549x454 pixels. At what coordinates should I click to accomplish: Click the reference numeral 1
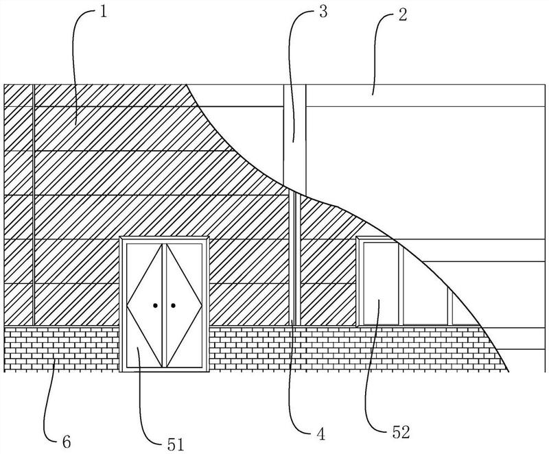click(103, 12)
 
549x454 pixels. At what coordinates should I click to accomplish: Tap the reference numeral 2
click(403, 15)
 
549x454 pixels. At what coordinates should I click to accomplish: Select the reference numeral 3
click(323, 12)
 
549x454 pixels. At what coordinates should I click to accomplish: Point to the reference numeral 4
click(320, 434)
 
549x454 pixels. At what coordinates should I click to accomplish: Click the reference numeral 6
click(66, 442)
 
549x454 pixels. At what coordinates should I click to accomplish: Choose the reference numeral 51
click(175, 444)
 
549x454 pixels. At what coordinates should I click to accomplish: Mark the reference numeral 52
click(401, 433)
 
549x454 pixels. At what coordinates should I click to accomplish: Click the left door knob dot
click(155, 305)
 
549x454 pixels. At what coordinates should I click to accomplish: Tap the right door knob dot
click(173, 305)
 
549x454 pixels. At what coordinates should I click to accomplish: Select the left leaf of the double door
click(144, 305)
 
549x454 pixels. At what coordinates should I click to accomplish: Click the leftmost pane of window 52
click(381, 283)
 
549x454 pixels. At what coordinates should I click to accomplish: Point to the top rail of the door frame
click(164, 239)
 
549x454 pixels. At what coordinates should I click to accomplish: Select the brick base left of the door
click(61, 348)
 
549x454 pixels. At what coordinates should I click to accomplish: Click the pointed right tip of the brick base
click(509, 371)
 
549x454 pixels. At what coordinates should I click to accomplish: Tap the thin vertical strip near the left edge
click(33, 205)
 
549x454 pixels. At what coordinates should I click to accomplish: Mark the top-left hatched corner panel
click(18, 95)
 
